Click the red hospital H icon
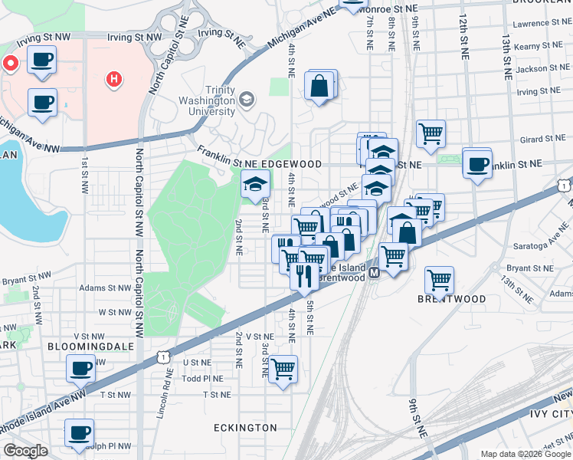click(114, 78)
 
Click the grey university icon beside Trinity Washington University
click(247, 99)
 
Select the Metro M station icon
click(375, 273)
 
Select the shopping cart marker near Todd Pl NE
click(283, 370)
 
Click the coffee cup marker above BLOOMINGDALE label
click(80, 369)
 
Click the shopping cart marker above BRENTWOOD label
click(439, 280)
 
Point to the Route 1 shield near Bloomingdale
click(161, 356)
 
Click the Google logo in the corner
click(25, 451)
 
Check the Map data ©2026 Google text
click(525, 455)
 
